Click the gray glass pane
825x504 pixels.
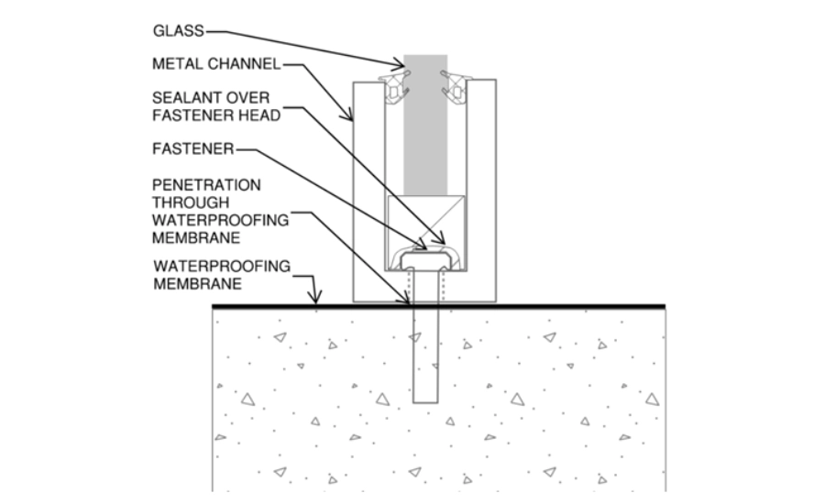coord(425,128)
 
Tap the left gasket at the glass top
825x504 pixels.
coord(396,86)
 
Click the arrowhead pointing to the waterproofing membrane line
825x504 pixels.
coord(315,299)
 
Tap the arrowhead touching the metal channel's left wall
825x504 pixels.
coord(349,117)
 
